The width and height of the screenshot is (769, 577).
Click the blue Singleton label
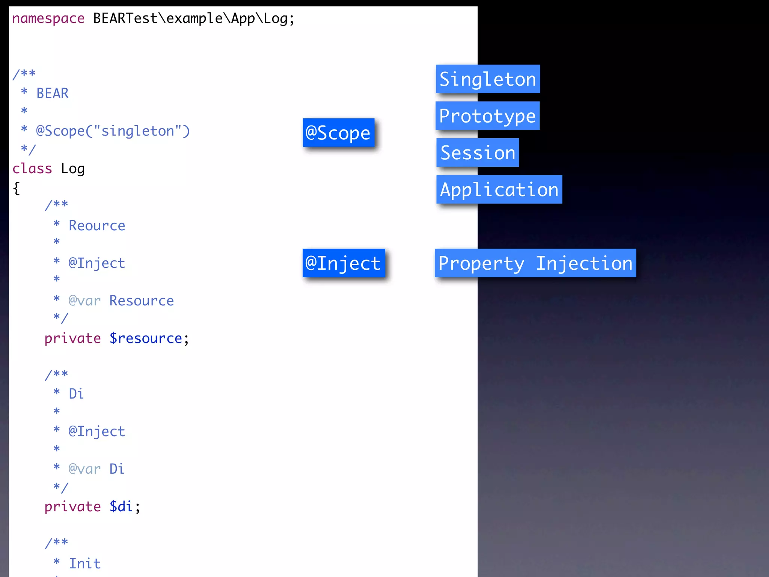tap(488, 79)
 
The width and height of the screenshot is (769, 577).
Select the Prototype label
tap(487, 116)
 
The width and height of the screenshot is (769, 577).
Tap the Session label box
tap(478, 153)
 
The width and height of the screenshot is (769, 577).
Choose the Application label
tap(499, 190)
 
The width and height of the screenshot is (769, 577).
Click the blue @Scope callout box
tap(338, 133)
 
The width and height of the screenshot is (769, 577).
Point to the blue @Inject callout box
tap(344, 263)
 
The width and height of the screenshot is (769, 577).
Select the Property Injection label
tap(535, 263)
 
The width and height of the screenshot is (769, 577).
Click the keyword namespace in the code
tap(48, 18)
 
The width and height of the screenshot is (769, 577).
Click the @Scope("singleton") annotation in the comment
tap(113, 131)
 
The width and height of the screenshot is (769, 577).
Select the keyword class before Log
tap(32, 169)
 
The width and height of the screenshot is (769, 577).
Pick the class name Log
tap(73, 169)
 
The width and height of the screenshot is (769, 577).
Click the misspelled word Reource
tap(97, 225)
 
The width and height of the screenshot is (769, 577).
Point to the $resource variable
tap(146, 338)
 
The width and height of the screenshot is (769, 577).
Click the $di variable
tap(121, 507)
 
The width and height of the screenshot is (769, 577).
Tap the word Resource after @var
tap(142, 301)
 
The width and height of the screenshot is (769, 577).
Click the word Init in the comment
tap(85, 563)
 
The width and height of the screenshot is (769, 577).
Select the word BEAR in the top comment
tap(53, 93)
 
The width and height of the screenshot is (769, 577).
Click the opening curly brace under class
tap(16, 188)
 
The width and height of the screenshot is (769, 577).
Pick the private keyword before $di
tap(72, 507)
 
